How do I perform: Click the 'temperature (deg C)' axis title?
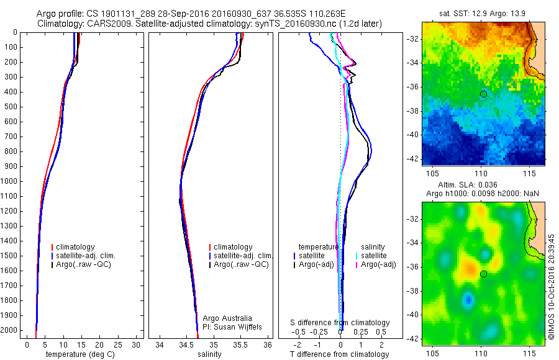coord(78,354)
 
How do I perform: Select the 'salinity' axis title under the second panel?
coord(209,354)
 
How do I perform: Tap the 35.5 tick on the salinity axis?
coord(240,344)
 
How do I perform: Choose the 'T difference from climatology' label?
coord(339,354)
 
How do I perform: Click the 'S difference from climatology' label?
coord(340,323)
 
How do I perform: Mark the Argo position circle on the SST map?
coord(483,94)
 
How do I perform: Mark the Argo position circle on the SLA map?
coord(483,274)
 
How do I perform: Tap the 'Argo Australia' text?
coord(227,318)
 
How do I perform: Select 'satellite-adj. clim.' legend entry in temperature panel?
coord(86,256)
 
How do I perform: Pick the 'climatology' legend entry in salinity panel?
coord(232,247)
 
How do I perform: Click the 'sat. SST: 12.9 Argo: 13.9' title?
coord(482,14)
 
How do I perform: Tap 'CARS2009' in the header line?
coord(99,24)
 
